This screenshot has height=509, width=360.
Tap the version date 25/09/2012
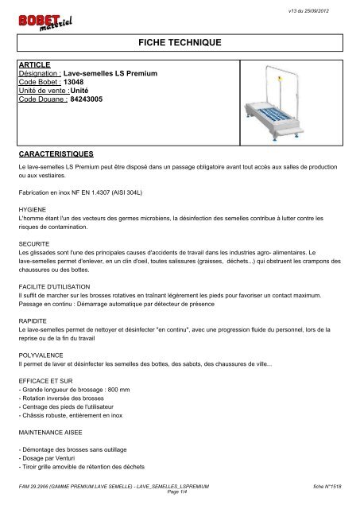click(327, 6)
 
